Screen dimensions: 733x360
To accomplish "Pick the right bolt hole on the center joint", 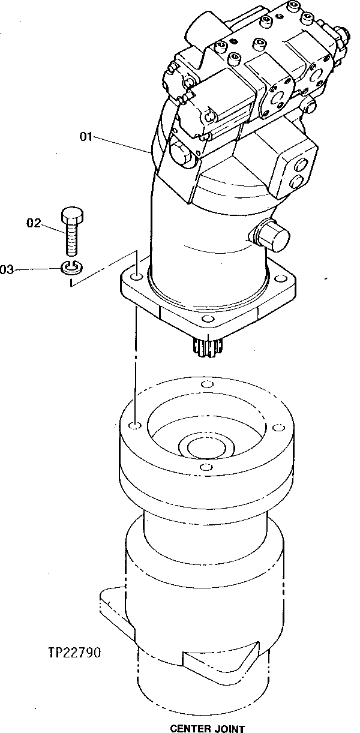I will (x=277, y=427).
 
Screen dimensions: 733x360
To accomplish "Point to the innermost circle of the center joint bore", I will (x=204, y=447).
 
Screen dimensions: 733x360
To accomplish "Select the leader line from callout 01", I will (x=120, y=144).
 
